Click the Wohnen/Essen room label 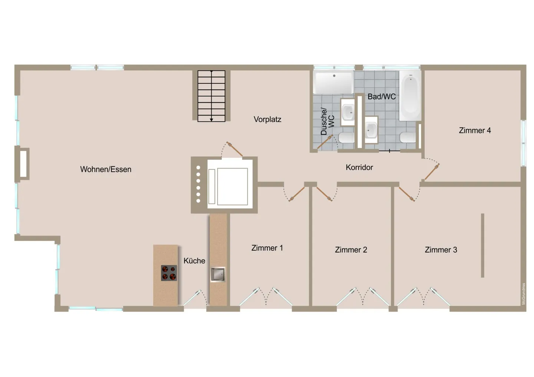(x=106, y=169)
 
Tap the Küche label (x=194, y=261)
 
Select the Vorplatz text (x=267, y=119)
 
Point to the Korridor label (x=359, y=167)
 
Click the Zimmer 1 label (x=267, y=248)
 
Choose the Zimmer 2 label (x=351, y=250)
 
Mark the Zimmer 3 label (x=441, y=250)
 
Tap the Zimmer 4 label (x=475, y=130)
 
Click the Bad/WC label (x=382, y=97)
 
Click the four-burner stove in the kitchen (x=169, y=273)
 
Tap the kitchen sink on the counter (x=218, y=274)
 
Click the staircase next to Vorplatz (x=211, y=96)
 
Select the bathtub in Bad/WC (x=410, y=96)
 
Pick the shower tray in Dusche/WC (x=333, y=83)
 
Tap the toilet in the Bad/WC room (x=408, y=137)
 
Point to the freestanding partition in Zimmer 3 (x=482, y=245)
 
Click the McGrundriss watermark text (x=524, y=294)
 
